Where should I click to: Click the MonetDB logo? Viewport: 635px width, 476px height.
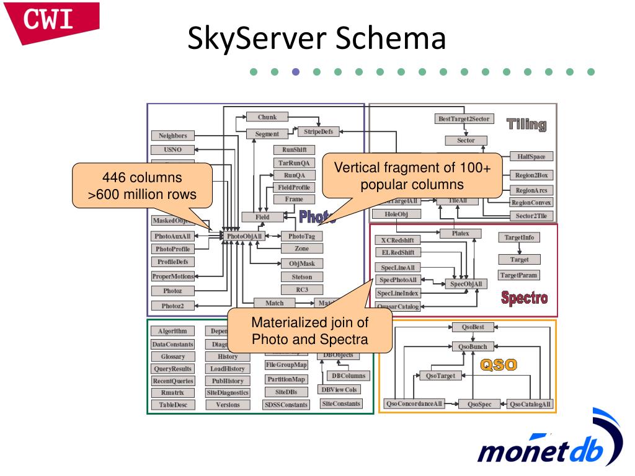pyautogui.click(x=546, y=444)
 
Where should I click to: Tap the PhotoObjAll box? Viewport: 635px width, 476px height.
pyautogui.click(x=244, y=236)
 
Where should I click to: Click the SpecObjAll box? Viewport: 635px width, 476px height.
pyautogui.click(x=466, y=284)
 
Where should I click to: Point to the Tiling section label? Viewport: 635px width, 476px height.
pyautogui.click(x=526, y=124)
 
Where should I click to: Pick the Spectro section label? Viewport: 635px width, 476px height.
pyautogui.click(x=524, y=298)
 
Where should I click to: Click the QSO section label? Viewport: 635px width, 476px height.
pyautogui.click(x=499, y=364)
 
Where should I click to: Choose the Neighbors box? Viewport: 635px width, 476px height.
pyautogui.click(x=172, y=136)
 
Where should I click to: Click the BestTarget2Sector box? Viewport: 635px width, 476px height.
pyautogui.click(x=463, y=118)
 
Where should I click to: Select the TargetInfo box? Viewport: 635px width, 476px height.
pyautogui.click(x=519, y=237)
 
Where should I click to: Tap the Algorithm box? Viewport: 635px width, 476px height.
pyautogui.click(x=172, y=332)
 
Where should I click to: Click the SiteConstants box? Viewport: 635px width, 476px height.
pyautogui.click(x=340, y=403)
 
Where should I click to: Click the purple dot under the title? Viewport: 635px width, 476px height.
pyautogui.click(x=295, y=71)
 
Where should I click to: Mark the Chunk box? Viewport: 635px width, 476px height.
pyautogui.click(x=267, y=117)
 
